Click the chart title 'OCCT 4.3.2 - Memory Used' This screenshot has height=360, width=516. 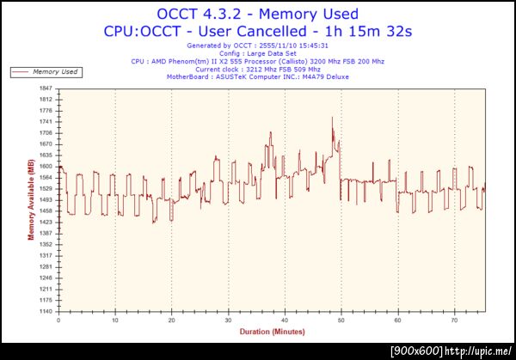[x=258, y=14]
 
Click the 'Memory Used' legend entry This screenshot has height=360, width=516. [x=57, y=72]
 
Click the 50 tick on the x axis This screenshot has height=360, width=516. [x=341, y=320]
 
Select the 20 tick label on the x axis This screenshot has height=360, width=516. [x=172, y=320]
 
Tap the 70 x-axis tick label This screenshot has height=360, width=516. [x=455, y=320]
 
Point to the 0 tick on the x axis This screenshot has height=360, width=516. [x=58, y=320]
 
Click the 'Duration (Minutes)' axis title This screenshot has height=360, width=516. [x=272, y=331]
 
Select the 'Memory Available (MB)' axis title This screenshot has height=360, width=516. [x=31, y=199]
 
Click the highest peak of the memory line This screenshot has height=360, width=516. [x=332, y=118]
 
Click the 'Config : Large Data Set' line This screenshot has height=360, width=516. [x=258, y=54]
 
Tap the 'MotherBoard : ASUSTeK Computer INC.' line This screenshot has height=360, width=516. [x=258, y=76]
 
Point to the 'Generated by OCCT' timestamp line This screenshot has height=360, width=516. [x=258, y=46]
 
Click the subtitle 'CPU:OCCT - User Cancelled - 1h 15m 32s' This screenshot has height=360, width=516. [x=258, y=31]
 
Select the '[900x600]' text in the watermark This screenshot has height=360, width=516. [x=417, y=351]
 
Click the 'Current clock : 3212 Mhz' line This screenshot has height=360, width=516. [x=258, y=69]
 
